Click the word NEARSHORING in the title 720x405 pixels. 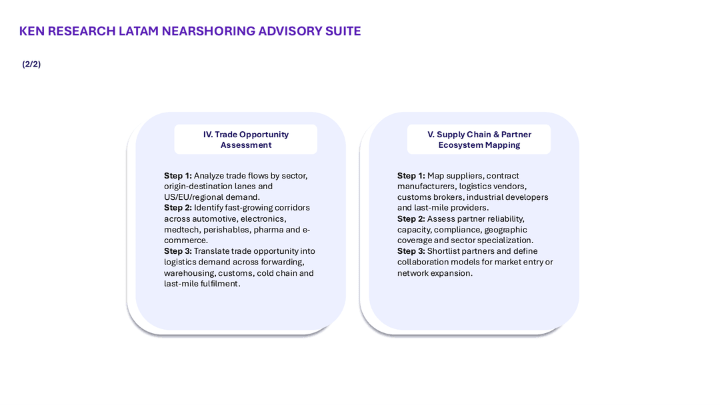tap(208, 31)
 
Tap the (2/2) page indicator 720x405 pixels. tap(31, 64)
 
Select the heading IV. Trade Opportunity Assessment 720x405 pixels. tap(245, 139)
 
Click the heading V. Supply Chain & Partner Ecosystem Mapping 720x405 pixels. tap(479, 139)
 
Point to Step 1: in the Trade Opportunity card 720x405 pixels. tap(178, 176)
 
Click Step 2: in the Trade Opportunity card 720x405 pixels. tap(178, 208)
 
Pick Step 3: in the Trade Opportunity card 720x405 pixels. tap(178, 251)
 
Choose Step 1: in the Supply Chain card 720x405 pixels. tap(411, 176)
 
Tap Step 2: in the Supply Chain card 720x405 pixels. tap(411, 218)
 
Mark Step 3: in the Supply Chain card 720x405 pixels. tap(411, 251)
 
